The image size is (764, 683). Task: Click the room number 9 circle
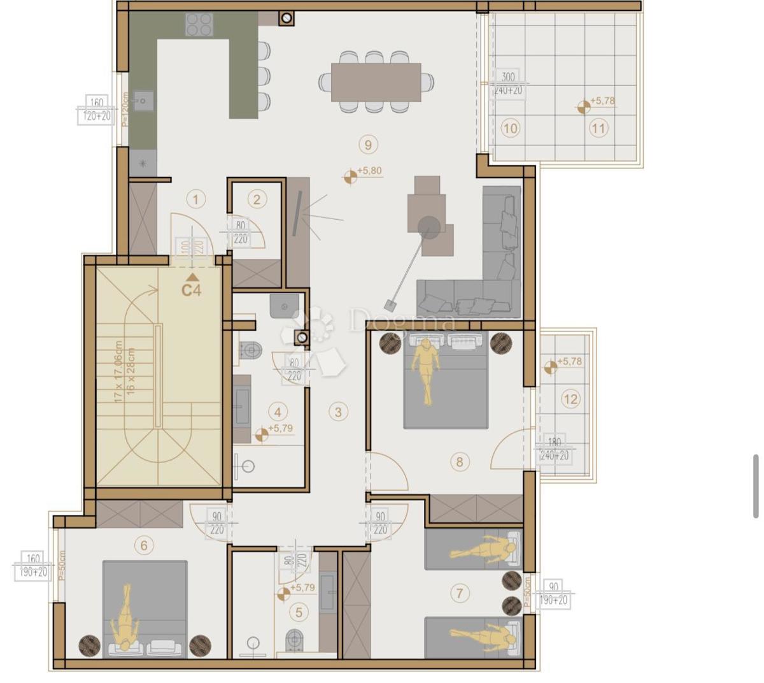coord(368,144)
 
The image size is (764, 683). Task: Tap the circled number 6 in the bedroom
coord(144,545)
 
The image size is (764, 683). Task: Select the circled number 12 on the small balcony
coord(570,399)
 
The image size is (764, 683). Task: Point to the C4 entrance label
coord(191,290)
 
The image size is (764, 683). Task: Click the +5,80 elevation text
coord(370,171)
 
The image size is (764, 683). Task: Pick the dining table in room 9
coord(376,82)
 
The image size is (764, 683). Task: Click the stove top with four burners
coord(199,25)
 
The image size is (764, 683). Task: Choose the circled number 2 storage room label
coord(257,199)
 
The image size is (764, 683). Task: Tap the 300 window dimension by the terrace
coord(508,77)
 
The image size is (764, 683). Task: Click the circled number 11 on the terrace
coord(598,128)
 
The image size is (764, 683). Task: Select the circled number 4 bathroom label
coord(277,412)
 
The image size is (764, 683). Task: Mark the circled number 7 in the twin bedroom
coord(460,593)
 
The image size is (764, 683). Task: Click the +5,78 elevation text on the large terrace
coord(603,101)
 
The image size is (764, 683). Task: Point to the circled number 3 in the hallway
coord(338,412)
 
